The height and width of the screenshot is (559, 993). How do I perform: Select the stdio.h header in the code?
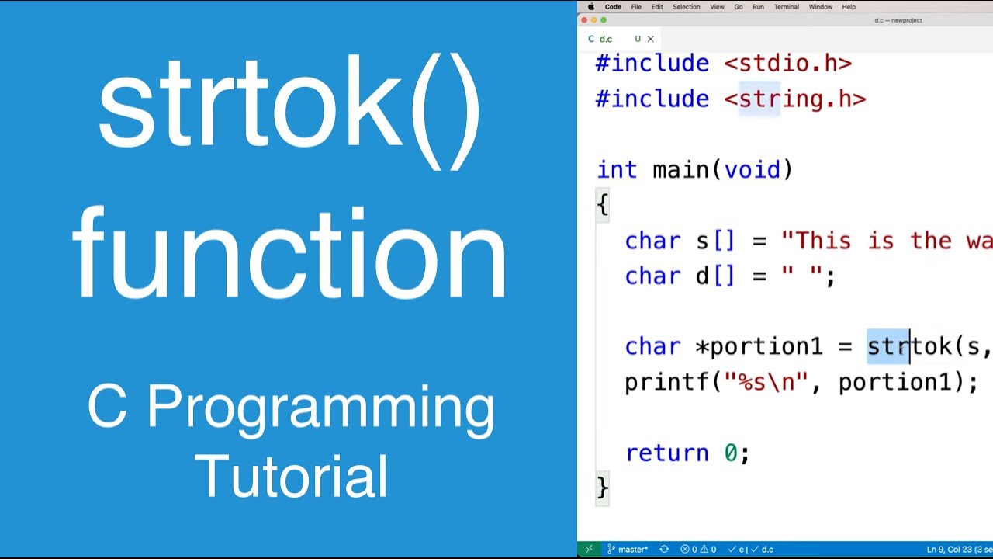788,64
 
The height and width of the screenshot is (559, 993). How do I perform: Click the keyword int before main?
617,170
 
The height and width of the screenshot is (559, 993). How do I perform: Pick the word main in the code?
680,170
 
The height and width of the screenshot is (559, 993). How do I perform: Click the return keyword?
666,453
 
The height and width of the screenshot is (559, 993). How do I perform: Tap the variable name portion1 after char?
766,347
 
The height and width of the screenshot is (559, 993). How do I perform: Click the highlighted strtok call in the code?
908,347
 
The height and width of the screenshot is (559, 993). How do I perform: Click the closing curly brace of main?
603,488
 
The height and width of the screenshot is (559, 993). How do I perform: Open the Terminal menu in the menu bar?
786,7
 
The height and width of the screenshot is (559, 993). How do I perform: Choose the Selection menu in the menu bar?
686,7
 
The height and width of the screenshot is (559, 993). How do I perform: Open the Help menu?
849,7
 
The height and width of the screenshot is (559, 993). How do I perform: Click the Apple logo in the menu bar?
591,7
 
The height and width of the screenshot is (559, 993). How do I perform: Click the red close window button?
584,20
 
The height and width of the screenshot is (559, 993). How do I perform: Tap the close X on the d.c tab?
650,39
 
